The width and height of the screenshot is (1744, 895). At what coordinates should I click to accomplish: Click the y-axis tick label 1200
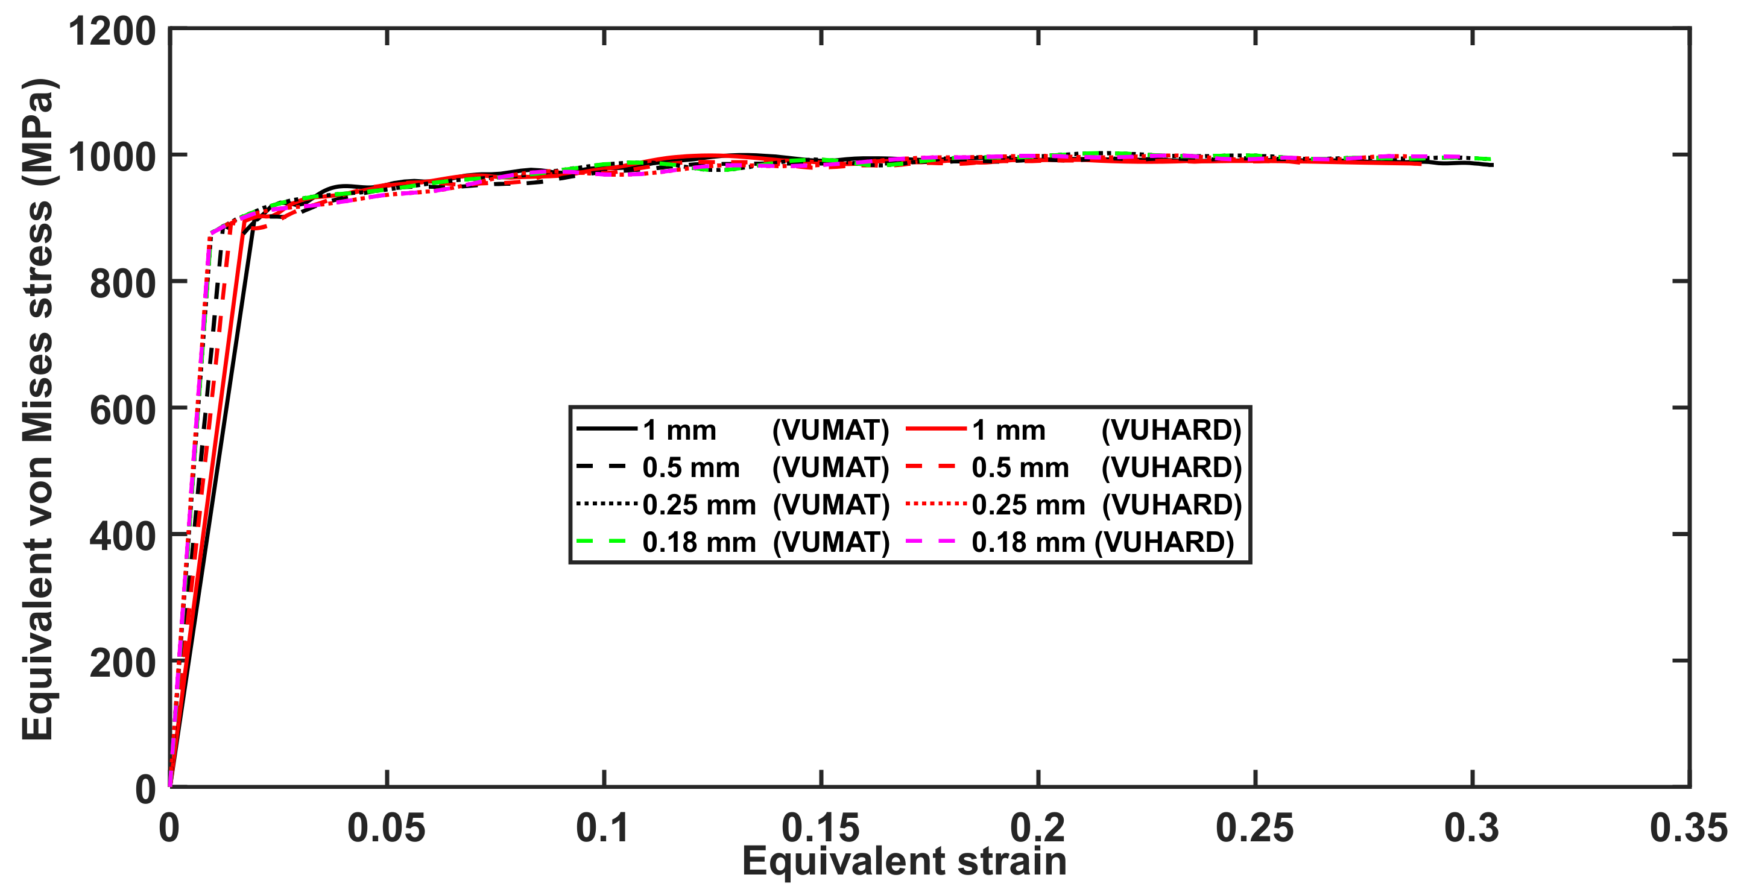point(112,31)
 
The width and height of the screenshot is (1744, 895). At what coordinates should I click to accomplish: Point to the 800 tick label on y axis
point(122,283)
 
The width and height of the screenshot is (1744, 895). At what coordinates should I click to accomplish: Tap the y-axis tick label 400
point(122,537)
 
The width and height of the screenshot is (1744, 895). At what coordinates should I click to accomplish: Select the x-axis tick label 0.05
point(386,827)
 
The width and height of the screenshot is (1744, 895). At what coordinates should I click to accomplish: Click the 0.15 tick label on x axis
point(821,827)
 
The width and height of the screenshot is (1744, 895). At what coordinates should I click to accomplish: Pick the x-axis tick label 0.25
point(1254,827)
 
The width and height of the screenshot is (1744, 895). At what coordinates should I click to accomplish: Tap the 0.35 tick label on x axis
point(1689,827)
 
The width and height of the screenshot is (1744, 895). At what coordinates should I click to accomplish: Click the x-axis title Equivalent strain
point(904,861)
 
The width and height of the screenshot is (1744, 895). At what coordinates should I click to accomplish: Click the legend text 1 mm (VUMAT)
point(765,431)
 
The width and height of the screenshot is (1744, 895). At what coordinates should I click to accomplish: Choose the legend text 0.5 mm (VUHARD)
point(1106,468)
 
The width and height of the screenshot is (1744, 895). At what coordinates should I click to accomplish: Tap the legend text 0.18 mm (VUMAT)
point(765,542)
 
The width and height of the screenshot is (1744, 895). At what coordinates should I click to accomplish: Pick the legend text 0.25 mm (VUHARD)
point(1106,505)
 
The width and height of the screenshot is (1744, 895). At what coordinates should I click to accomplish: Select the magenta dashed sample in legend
point(931,541)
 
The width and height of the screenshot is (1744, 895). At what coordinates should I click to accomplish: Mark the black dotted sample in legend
point(606,504)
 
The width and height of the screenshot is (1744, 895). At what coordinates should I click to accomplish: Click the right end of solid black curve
point(1492,165)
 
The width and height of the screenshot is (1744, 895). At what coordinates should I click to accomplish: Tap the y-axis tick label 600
point(122,410)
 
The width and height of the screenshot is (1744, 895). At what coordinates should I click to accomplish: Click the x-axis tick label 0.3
point(1471,827)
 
